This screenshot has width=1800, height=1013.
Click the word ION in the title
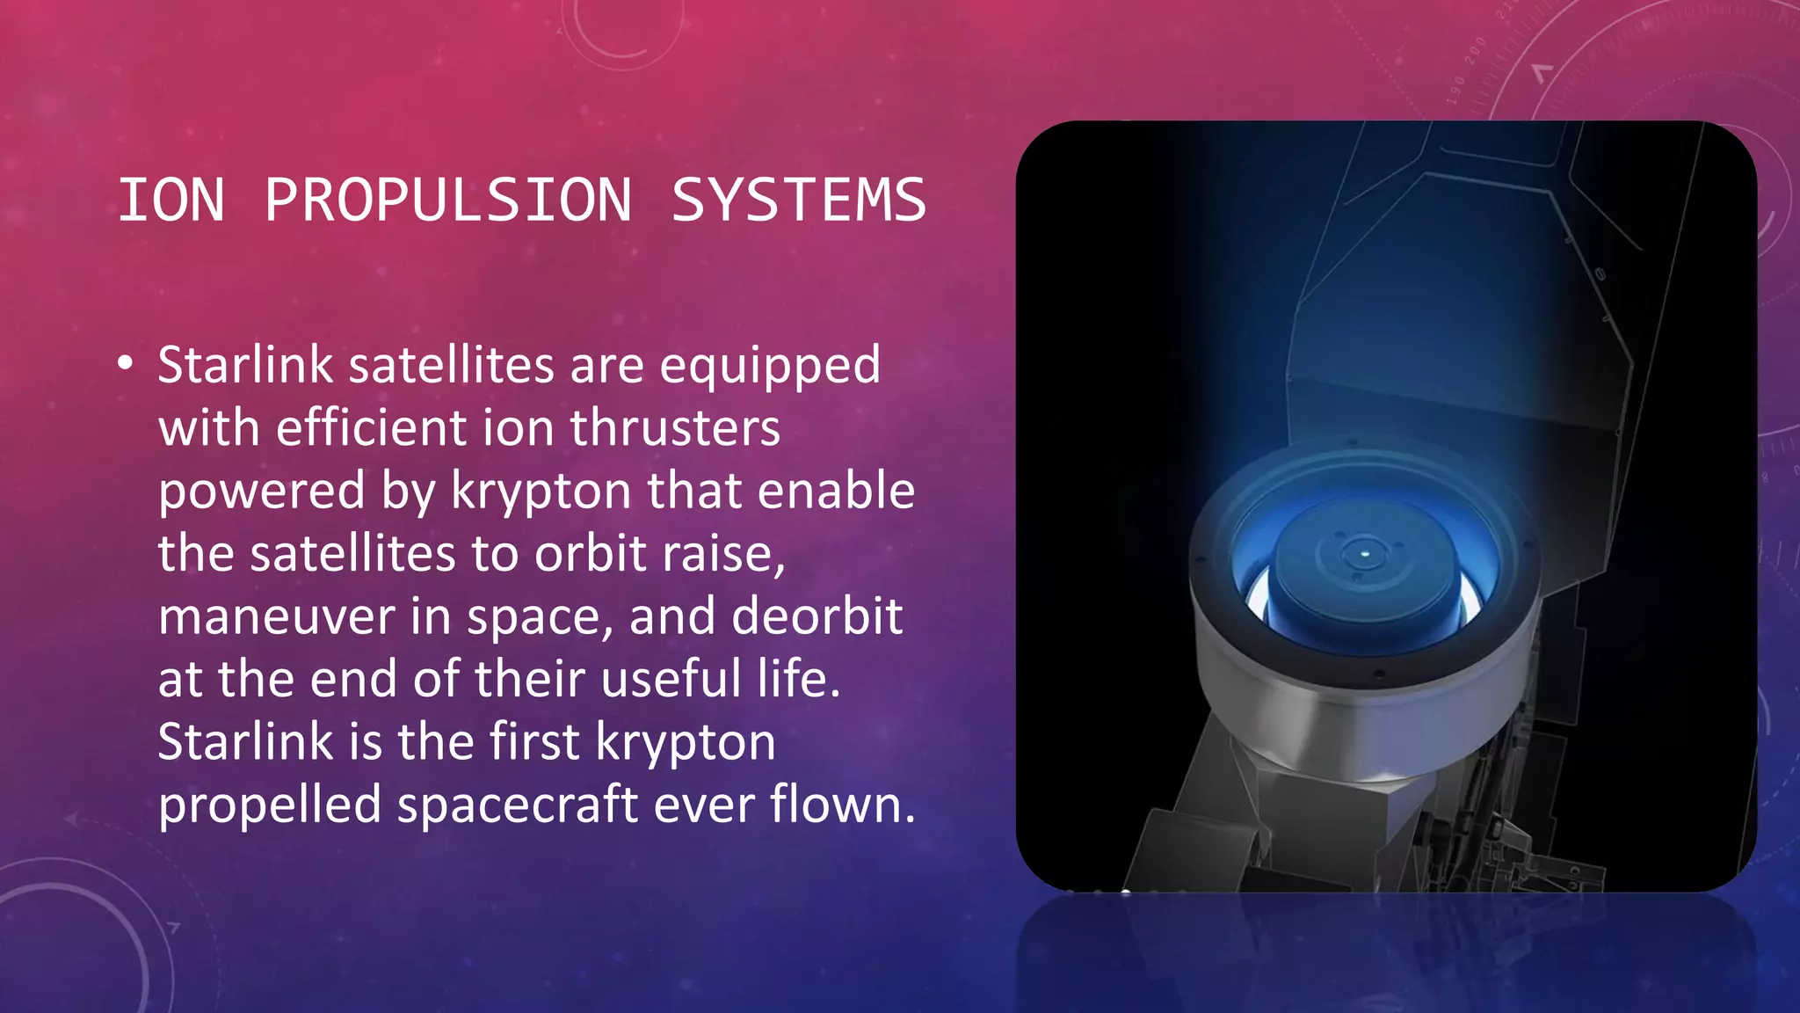171,200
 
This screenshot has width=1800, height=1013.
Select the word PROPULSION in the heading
448,200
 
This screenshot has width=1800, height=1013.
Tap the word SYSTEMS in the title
798,200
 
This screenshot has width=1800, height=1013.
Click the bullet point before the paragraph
126,364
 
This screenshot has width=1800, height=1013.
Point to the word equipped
770,367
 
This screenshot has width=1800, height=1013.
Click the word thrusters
675,428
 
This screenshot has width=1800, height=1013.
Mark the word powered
261,492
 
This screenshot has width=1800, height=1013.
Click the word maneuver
277,616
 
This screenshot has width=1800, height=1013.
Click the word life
799,679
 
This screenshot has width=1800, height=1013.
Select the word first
534,741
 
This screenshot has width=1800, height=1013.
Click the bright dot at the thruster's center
1364,554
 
